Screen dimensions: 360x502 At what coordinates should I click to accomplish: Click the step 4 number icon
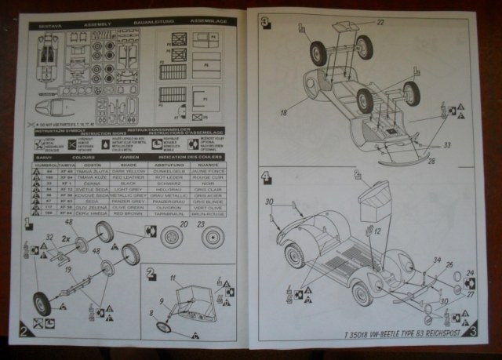tap(267, 176)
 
